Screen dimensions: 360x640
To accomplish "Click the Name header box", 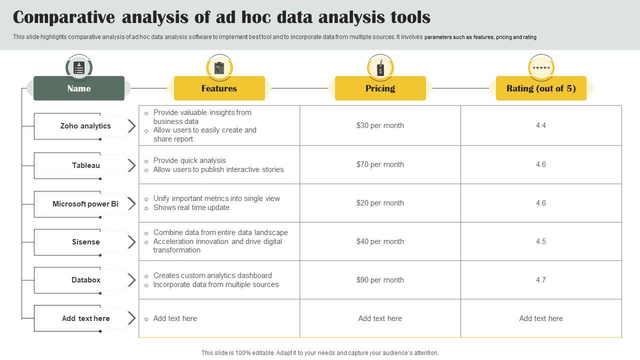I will [x=79, y=88].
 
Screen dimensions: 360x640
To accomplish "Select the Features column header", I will [x=219, y=88].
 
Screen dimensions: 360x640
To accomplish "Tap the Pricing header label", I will [x=380, y=88].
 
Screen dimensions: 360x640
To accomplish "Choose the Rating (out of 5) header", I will [x=541, y=88].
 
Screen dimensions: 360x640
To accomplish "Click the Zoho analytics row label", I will [x=85, y=126].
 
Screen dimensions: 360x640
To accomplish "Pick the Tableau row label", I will [x=85, y=165].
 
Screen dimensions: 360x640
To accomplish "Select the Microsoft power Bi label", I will [x=85, y=204].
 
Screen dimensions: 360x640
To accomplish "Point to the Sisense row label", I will [x=85, y=242].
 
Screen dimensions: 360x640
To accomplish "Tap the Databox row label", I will [x=85, y=280].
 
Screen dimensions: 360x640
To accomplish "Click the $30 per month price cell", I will [x=380, y=125].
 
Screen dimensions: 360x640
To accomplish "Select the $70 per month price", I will [x=380, y=164].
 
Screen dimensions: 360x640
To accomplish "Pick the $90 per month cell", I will [x=380, y=280].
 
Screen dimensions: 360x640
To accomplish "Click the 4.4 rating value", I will [x=541, y=125].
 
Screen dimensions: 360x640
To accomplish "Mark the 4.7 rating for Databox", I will [x=541, y=280].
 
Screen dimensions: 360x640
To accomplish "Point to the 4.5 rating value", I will [x=541, y=241].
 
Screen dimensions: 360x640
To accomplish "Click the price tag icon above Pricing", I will [x=380, y=68].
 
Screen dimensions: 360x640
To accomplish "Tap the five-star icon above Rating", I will [x=541, y=68].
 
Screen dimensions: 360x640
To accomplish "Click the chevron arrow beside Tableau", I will [x=131, y=165].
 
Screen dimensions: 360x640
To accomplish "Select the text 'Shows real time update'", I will [x=191, y=207].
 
